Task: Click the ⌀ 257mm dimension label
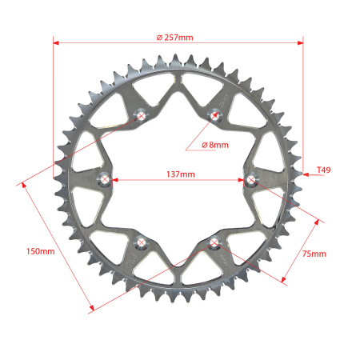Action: click(x=174, y=38)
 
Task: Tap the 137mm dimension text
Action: click(x=181, y=174)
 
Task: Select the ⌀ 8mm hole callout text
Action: click(x=215, y=145)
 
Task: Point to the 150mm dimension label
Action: click(x=41, y=251)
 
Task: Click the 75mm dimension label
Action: click(x=314, y=254)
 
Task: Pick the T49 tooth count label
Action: click(x=323, y=170)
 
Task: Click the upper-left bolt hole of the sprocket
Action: click(x=141, y=116)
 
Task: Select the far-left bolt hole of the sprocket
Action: click(x=105, y=179)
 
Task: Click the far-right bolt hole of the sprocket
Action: click(x=250, y=179)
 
